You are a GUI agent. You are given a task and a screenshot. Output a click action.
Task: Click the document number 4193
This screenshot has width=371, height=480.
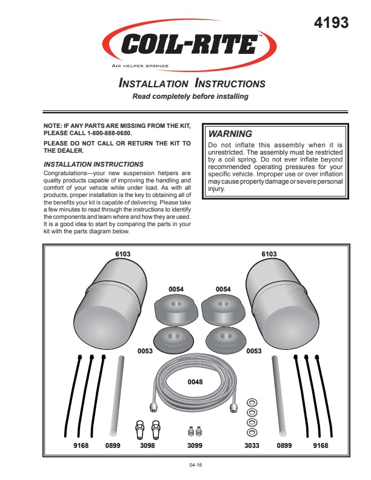click(332, 23)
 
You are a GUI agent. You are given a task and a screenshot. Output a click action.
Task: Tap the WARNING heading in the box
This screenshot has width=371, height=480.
click(230, 133)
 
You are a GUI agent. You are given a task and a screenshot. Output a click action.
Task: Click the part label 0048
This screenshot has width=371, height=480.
click(195, 382)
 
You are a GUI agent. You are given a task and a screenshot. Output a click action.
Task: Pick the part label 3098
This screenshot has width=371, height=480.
click(148, 445)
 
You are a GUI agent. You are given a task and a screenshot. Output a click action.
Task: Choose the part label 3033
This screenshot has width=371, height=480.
click(252, 445)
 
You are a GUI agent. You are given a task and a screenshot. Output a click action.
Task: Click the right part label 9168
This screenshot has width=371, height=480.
click(321, 445)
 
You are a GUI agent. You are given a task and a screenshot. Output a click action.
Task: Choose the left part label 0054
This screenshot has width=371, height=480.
click(176, 289)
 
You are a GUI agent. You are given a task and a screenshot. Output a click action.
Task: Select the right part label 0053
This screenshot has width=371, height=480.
click(253, 351)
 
